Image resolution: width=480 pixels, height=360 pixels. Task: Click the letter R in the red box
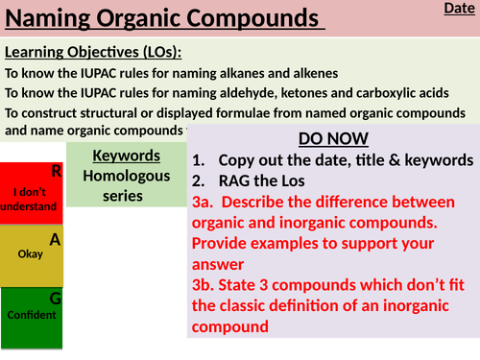pos(56,172)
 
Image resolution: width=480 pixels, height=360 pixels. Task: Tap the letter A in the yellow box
pos(55,240)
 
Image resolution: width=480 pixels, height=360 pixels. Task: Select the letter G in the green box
pos(55,299)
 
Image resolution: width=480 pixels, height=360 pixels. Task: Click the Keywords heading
pos(126,157)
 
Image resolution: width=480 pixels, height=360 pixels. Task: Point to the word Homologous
pos(126,176)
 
